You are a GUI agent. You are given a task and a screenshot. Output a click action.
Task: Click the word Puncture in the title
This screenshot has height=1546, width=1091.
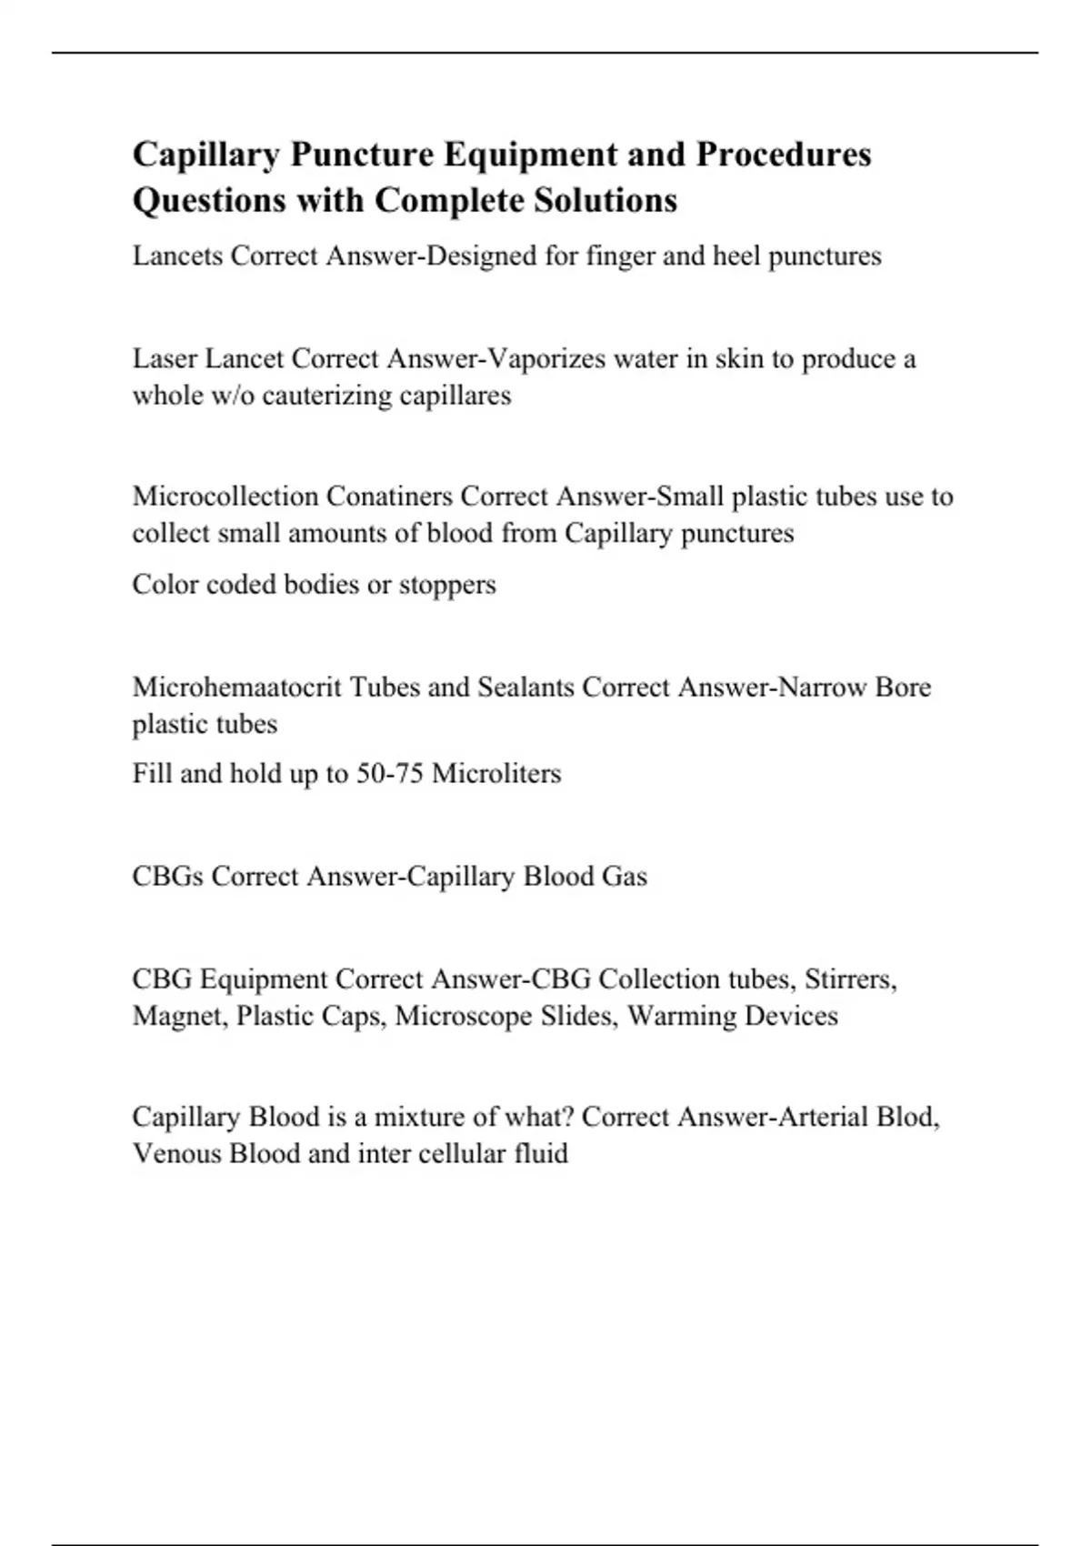coord(361,155)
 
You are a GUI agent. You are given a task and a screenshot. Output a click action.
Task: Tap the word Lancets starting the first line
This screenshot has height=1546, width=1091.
coord(177,256)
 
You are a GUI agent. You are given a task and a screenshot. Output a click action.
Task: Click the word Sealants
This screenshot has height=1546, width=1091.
coord(522,687)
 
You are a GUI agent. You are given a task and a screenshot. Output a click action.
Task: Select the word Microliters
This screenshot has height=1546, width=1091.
coord(496,774)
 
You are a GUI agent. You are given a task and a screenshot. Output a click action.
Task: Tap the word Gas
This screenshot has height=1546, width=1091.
coord(624,877)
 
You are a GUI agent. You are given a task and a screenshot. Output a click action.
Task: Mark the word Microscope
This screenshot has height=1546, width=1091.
coord(464,1017)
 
